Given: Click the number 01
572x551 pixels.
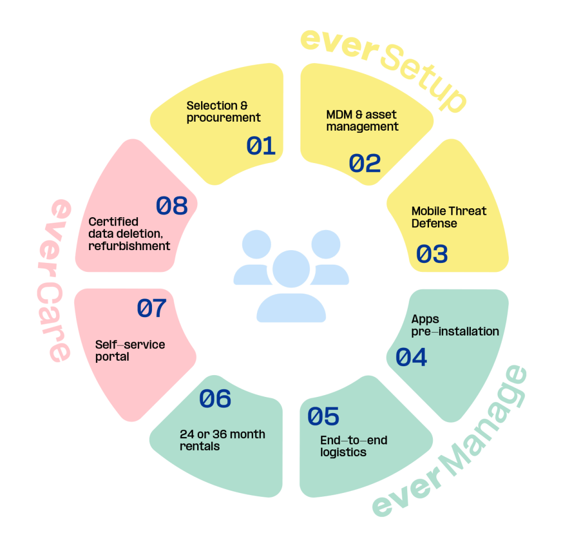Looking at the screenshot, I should [x=261, y=146].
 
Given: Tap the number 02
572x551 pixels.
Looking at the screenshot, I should [x=365, y=163].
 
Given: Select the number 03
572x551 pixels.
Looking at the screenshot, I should [x=432, y=254].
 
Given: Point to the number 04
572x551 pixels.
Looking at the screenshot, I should [x=411, y=357].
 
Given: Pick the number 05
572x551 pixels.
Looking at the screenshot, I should [x=323, y=416].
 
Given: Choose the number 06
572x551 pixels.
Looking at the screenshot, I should [x=215, y=399].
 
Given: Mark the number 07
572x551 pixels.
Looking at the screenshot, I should [x=152, y=309].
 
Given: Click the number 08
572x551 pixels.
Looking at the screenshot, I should [x=171, y=206].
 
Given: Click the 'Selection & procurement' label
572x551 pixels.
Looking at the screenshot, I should [x=223, y=112].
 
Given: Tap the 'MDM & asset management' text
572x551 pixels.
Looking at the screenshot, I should [x=362, y=121].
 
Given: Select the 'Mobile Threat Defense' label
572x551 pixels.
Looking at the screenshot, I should [x=449, y=217].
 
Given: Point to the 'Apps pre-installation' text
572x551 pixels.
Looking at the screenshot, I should [x=455, y=325].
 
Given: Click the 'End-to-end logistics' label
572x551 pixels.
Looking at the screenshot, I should [x=354, y=446].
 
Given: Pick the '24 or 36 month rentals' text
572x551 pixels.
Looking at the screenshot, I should [x=222, y=440].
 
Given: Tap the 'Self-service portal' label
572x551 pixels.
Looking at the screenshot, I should [x=130, y=351].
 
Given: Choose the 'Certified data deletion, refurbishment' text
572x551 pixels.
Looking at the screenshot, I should [x=129, y=234].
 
